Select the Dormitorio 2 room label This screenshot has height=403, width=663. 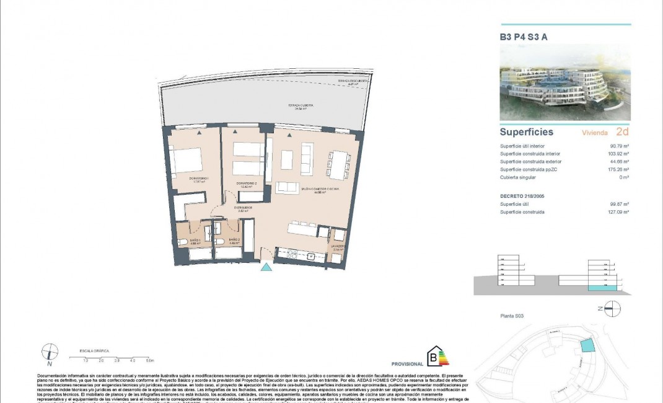click(246, 184)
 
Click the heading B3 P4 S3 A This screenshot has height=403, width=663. click(524, 37)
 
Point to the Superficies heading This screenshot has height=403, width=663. click(527, 132)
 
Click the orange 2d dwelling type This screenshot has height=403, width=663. click(622, 132)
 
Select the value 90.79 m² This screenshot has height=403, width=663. click(618, 146)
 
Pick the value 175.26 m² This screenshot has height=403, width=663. click(617, 169)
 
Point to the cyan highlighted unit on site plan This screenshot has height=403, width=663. click(586, 347)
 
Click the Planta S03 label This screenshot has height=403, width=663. click(512, 316)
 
